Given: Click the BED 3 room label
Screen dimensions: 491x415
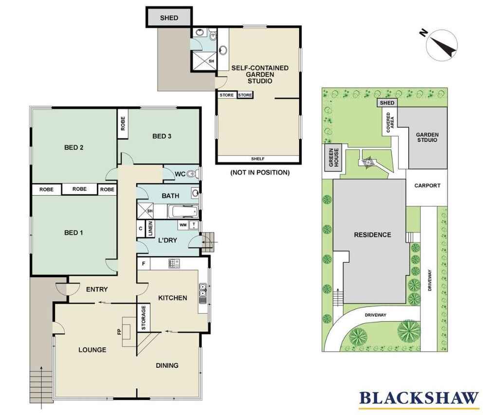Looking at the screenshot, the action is [162, 136].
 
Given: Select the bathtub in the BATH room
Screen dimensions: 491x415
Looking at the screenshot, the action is [183, 212].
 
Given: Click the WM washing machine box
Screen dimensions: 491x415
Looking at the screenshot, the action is [183, 225].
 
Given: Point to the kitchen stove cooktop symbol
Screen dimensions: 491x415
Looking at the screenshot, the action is [174, 264].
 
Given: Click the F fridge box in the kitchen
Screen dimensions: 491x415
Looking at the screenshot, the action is [144, 264].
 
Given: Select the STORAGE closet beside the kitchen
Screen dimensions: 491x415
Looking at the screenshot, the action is [144, 317].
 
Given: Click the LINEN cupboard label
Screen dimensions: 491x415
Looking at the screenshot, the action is [150, 229].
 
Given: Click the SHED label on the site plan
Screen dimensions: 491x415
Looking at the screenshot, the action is [387, 103].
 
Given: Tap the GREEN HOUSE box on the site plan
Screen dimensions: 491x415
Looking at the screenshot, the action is [333, 158].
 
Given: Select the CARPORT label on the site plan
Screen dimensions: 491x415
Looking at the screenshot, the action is [427, 185].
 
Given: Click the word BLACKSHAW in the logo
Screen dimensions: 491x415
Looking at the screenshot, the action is [419, 398].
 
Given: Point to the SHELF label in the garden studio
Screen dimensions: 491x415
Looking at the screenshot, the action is [258, 159].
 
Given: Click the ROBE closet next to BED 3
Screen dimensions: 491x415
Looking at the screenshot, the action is [123, 123].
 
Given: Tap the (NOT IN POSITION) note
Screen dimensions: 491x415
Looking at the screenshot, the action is [260, 172].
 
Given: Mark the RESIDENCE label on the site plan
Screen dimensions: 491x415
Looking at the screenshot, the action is [372, 235].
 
